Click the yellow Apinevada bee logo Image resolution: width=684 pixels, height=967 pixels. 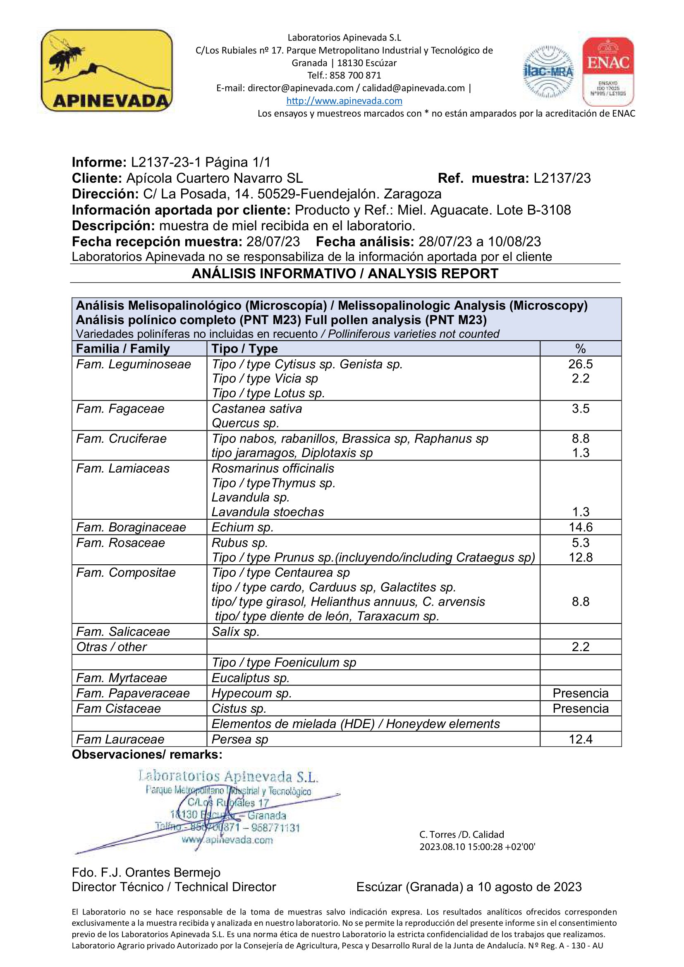[x=106, y=70]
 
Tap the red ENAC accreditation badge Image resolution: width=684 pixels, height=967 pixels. [x=608, y=71]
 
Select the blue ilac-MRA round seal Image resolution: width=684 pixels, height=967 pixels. [x=548, y=72]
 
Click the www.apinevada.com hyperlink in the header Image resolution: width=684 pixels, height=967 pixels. [x=344, y=100]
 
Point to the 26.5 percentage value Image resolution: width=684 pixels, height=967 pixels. [x=580, y=364]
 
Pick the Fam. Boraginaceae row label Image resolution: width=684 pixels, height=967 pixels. [x=131, y=527]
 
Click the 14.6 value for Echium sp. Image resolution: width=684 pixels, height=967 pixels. [x=580, y=527]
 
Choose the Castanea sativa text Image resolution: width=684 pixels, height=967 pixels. [x=256, y=408]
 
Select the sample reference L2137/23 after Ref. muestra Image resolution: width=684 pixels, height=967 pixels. [x=562, y=178]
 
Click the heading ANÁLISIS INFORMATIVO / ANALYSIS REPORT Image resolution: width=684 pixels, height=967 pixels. [x=345, y=273]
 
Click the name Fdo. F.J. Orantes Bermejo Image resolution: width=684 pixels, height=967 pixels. [x=146, y=872]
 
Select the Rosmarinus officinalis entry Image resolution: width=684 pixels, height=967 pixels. [x=273, y=468]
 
